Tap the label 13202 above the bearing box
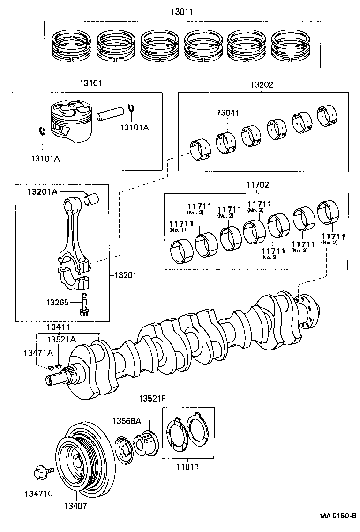[x=262, y=85]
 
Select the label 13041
[x=228, y=113]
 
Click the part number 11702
[x=257, y=185]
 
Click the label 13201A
[x=42, y=191]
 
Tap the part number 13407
[x=76, y=506]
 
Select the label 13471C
[x=39, y=493]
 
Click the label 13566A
[x=126, y=421]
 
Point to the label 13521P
[x=152, y=399]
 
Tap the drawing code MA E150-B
[x=338, y=516]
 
